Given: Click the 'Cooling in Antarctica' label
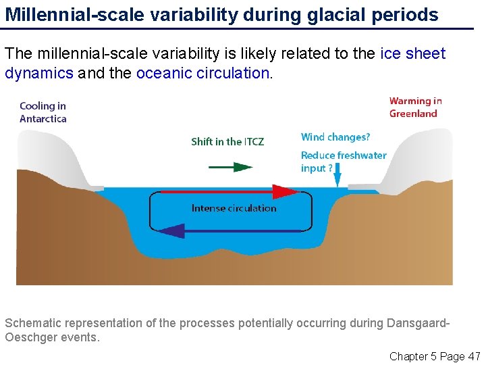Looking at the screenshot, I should (43, 112).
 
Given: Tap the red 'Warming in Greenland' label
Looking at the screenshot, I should (415, 107).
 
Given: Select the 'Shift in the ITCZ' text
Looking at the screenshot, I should (227, 141).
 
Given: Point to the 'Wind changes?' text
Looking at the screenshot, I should (335, 137).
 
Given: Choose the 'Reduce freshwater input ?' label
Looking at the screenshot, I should (343, 162).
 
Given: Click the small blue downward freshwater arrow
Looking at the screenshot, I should (338, 179).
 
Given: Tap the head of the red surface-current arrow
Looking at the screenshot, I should (286, 192).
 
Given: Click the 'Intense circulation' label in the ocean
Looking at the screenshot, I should (234, 208).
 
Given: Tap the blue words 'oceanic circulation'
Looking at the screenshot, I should (203, 73).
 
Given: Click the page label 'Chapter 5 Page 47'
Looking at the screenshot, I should (435, 356).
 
